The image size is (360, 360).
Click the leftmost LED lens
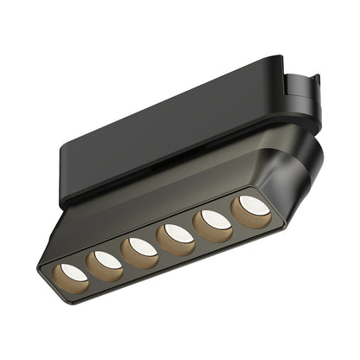pyautogui.click(x=73, y=273)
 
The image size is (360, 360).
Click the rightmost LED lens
pyautogui.click(x=253, y=206)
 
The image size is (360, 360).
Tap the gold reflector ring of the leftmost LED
pyautogui.click(x=61, y=281)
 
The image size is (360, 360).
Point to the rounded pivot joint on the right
pyautogui.click(x=299, y=169)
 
